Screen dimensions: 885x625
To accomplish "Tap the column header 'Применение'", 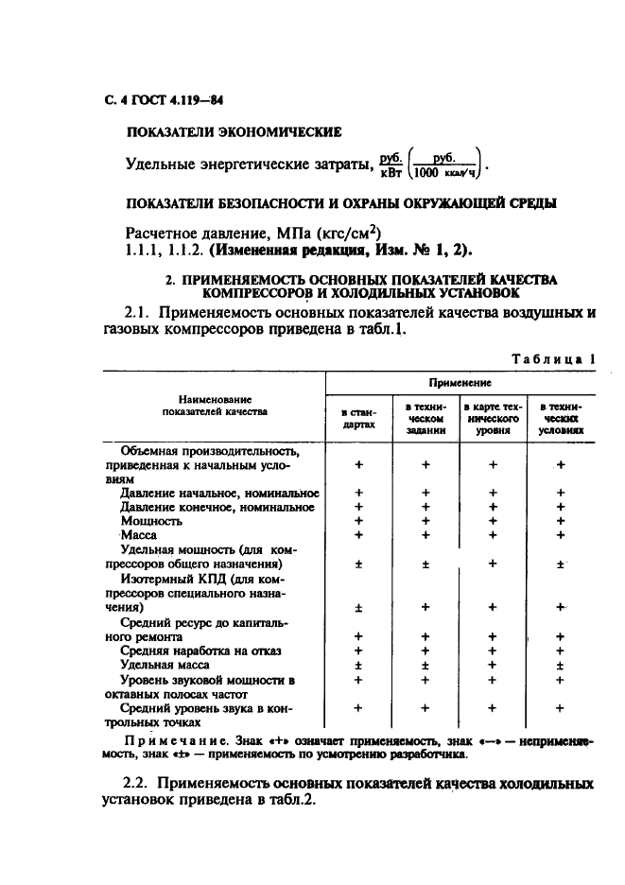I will (x=459, y=383).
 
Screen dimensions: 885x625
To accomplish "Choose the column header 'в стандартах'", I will (x=358, y=418).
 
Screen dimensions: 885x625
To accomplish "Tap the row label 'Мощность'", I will (x=151, y=520).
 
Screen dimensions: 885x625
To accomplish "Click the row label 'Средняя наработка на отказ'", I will (x=200, y=651).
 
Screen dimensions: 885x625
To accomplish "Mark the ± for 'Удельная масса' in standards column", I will (x=358, y=665).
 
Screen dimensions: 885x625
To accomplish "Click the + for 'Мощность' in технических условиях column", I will (x=560, y=520).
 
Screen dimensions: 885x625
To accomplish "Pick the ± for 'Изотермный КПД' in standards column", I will (x=358, y=608).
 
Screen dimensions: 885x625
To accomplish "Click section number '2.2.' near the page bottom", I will (x=139, y=784).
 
